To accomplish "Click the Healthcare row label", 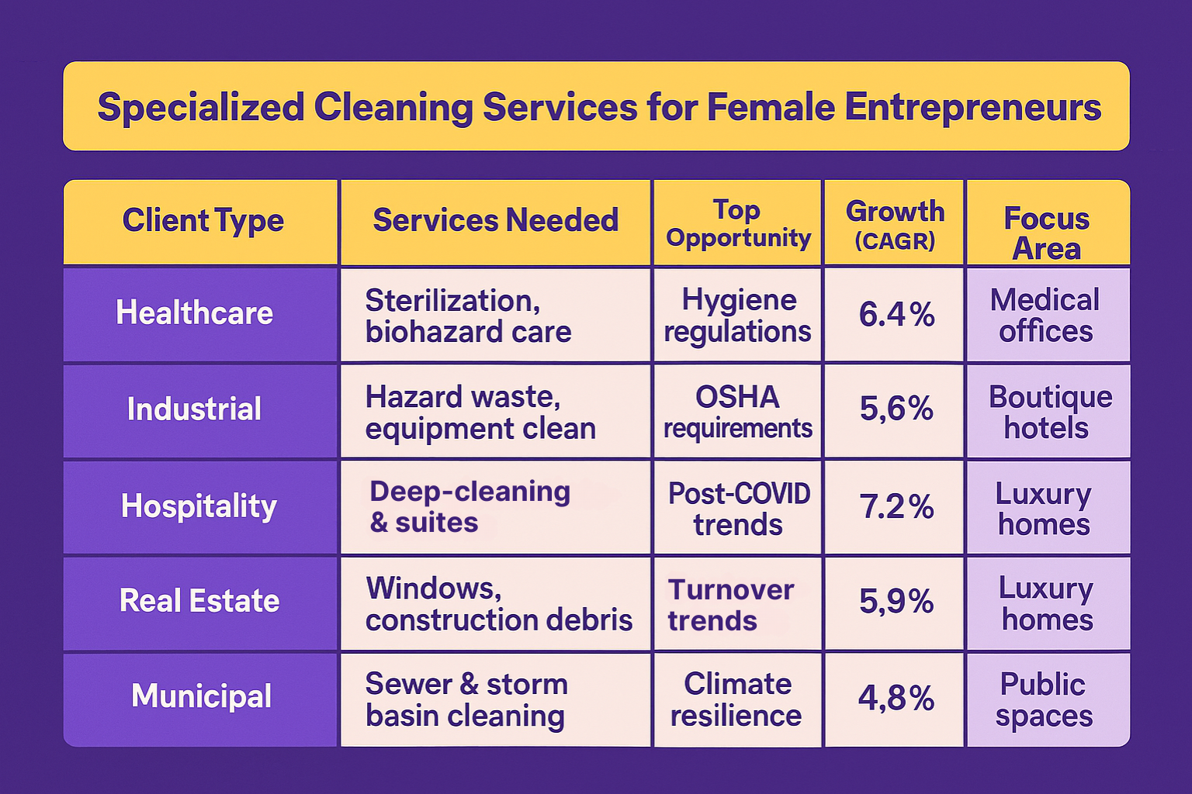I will (x=195, y=313).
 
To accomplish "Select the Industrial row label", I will (x=195, y=409).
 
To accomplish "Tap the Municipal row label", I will (x=201, y=696).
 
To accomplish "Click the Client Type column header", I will (x=203, y=221).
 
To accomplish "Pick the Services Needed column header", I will (x=495, y=221).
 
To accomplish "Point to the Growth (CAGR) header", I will (x=895, y=224).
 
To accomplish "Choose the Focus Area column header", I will (x=1046, y=233).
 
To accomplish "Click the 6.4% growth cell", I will (x=896, y=315).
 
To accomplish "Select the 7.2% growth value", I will (x=896, y=507).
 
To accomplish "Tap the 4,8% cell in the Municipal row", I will (x=896, y=699).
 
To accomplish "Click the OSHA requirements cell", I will (x=737, y=412).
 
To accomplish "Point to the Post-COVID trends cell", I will (x=738, y=509).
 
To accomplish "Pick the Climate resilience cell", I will (x=736, y=699).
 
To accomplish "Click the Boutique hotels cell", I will (x=1048, y=412).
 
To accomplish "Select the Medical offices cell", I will (x=1045, y=315).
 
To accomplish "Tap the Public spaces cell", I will (x=1044, y=699).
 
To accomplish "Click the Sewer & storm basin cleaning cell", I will (x=466, y=699).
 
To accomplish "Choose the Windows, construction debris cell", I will (x=498, y=604).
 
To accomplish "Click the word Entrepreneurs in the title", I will (x=972, y=107).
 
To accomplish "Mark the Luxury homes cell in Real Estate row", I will (x=1047, y=604).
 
